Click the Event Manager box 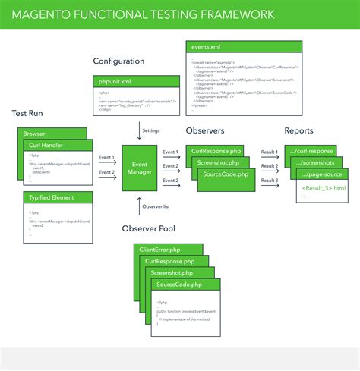140,168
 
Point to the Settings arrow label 151,130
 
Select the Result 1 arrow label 270,152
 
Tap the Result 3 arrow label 270,180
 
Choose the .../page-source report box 325,173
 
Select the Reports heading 298,131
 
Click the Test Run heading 30,113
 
